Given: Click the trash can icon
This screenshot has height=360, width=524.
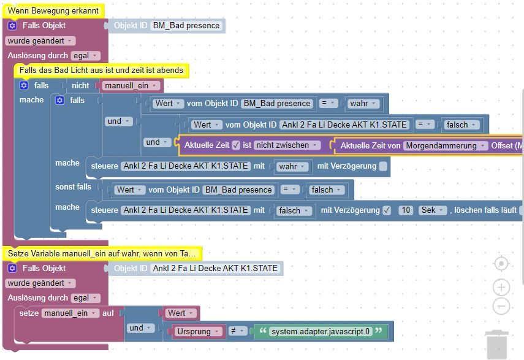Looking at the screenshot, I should click(497, 345).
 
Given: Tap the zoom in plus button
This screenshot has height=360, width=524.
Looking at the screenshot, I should click(501, 288).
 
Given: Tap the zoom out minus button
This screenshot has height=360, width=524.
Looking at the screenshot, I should click(501, 306).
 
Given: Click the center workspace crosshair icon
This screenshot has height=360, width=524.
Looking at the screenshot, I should click(501, 264).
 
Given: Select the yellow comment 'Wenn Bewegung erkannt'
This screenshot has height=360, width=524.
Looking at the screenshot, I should click(53, 10).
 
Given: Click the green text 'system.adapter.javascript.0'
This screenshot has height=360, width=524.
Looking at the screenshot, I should click(320, 331).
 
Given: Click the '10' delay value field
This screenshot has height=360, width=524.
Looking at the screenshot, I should click(405, 210).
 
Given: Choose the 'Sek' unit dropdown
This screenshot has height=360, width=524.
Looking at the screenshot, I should click(430, 210).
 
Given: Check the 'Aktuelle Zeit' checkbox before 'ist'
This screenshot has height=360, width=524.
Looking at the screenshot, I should click(236, 145).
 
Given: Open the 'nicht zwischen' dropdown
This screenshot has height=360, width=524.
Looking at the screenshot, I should click(287, 145).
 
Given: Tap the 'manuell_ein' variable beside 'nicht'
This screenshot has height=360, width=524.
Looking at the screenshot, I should click(131, 85).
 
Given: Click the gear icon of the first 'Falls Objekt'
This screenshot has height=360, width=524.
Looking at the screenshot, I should click(12, 26).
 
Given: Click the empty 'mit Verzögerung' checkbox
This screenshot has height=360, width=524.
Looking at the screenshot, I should click(383, 166).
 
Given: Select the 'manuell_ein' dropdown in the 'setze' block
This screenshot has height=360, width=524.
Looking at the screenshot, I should click(70, 313).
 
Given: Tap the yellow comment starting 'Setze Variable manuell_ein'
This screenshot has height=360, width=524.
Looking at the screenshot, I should click(102, 253).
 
